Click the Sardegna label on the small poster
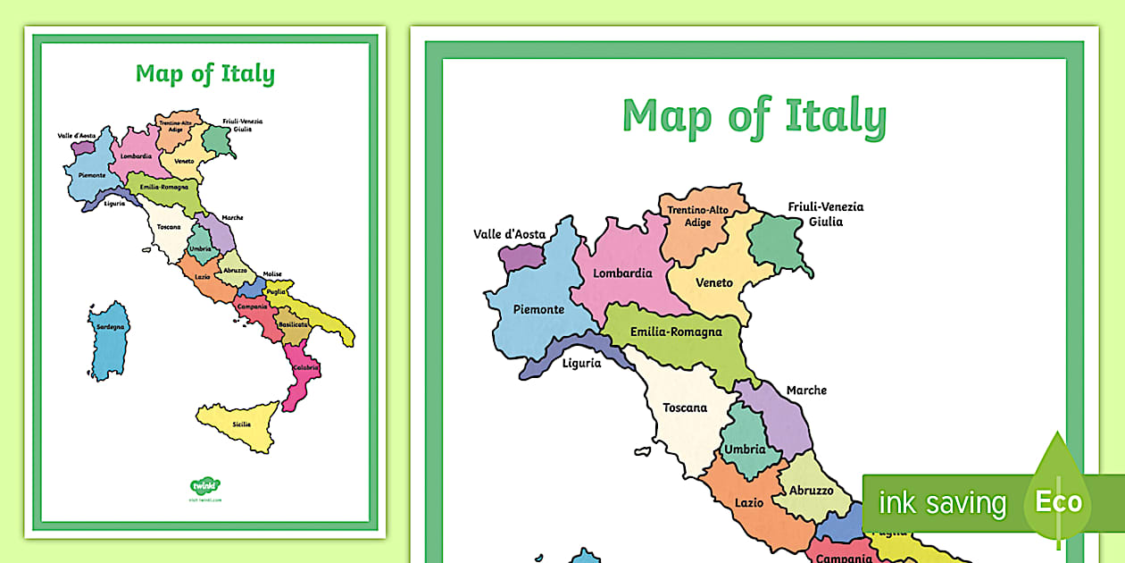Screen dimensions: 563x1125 112,327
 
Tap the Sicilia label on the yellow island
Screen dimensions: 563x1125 241,424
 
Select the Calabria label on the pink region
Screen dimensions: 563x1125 305,366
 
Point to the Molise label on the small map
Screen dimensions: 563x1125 272,274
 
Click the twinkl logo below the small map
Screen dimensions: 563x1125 205,487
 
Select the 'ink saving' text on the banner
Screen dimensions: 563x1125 942,503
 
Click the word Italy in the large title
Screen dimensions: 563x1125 836,116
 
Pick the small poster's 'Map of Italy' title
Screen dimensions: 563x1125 205,74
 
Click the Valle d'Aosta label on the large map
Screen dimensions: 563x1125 509,234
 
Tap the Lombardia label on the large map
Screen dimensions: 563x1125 622,273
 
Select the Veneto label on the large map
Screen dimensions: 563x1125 713,282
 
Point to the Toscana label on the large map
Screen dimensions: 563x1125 685,408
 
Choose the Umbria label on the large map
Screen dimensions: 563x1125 745,449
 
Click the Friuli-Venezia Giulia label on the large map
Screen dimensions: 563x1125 826,214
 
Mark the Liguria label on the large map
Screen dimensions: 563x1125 581,363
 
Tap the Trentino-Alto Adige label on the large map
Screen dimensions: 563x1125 698,216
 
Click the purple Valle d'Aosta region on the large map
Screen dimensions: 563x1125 522,257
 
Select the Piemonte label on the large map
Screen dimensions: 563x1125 538,309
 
